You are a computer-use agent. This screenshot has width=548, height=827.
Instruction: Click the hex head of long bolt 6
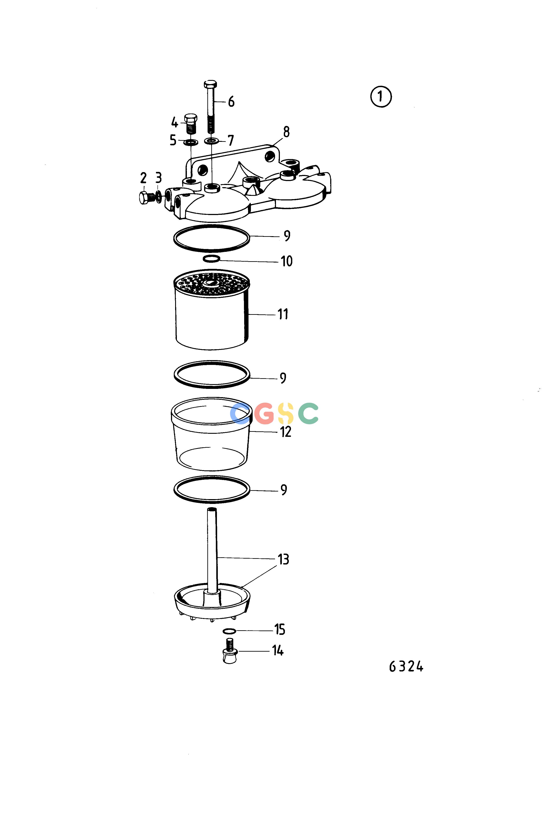pos(210,84)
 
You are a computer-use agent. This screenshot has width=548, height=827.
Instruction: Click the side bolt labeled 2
pos(146,198)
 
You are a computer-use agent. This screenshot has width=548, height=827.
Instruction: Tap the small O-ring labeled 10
pos(212,259)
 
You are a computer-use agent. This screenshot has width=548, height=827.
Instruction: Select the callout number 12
pos(286,432)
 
